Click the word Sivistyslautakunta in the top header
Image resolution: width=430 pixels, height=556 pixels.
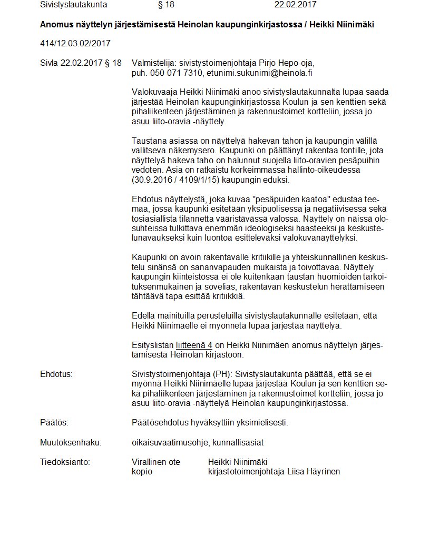73,5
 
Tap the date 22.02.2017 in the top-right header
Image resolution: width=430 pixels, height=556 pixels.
295,5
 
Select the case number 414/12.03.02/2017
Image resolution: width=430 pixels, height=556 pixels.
75,43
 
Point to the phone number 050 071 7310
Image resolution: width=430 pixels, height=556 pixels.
176,73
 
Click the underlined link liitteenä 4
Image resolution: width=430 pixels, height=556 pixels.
194,345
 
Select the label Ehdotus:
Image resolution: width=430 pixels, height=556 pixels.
56,374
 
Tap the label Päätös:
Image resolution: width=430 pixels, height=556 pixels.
54,423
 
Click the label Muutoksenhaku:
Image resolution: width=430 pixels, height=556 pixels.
71,442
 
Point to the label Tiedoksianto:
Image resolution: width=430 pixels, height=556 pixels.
65,462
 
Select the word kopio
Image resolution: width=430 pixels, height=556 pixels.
142,472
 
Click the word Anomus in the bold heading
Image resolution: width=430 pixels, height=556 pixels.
55,24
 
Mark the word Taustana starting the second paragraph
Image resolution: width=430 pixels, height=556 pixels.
149,141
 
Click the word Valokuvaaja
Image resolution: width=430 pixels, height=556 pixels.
155,92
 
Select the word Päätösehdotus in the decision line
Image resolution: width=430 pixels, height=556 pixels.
159,423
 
